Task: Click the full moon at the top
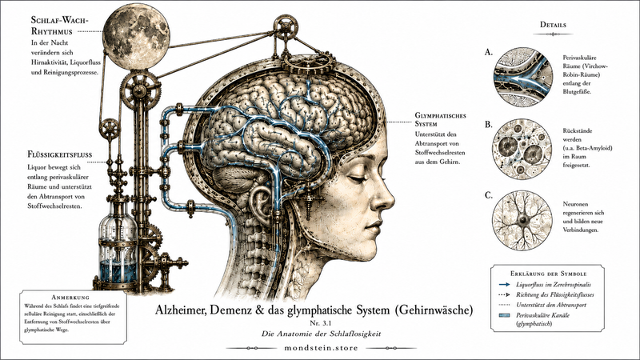click(x=136, y=36)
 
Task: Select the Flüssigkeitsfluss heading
click(x=59, y=154)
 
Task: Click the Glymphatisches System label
click(x=441, y=119)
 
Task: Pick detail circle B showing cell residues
click(x=523, y=150)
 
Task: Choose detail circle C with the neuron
click(x=522, y=219)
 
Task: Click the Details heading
click(x=553, y=25)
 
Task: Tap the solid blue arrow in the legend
click(x=505, y=285)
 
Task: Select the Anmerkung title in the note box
click(x=70, y=297)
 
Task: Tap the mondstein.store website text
click(x=321, y=348)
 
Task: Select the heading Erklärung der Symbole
click(x=548, y=274)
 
